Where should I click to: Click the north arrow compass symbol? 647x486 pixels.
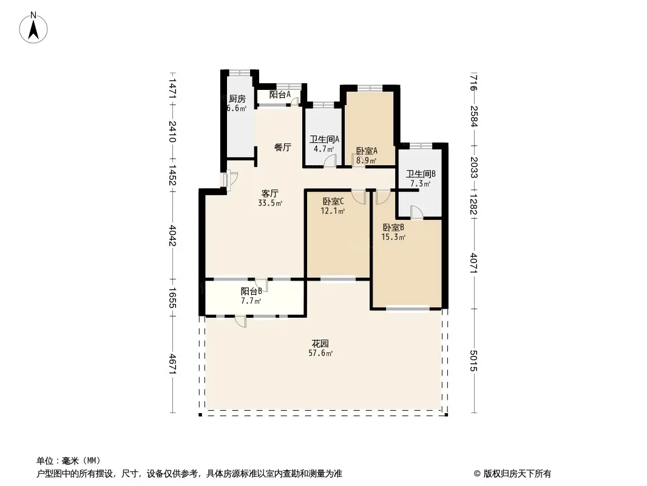pyautogui.click(x=33, y=28)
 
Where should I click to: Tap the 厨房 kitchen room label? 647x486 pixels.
pyautogui.click(x=237, y=98)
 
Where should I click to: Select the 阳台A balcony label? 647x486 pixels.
pyautogui.click(x=280, y=95)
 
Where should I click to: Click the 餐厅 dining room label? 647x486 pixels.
pyautogui.click(x=283, y=148)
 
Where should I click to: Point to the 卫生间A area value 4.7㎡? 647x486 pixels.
pyautogui.click(x=323, y=149)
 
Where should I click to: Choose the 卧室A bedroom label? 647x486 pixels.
pyautogui.click(x=367, y=151)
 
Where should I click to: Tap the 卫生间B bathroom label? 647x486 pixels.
pyautogui.click(x=421, y=174)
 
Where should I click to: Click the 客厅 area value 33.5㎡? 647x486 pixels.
pyautogui.click(x=270, y=203)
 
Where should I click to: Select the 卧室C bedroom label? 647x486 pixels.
pyautogui.click(x=333, y=202)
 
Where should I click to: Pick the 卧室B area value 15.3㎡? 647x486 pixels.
pyautogui.click(x=393, y=237)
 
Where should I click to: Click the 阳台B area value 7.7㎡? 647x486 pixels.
pyautogui.click(x=251, y=301)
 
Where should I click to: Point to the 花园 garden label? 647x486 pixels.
pyautogui.click(x=320, y=344)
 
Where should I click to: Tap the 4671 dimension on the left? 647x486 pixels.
pyautogui.click(x=173, y=364)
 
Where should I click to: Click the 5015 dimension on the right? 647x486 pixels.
pyautogui.click(x=473, y=360)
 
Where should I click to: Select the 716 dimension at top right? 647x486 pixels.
pyautogui.click(x=473, y=82)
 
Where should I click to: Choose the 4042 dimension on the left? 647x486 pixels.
pyautogui.click(x=173, y=236)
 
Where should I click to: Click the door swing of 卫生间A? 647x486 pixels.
pyautogui.click(x=331, y=160)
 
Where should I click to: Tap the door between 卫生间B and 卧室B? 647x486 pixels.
pyautogui.click(x=417, y=212)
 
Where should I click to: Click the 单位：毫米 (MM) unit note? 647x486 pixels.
pyautogui.click(x=69, y=460)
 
